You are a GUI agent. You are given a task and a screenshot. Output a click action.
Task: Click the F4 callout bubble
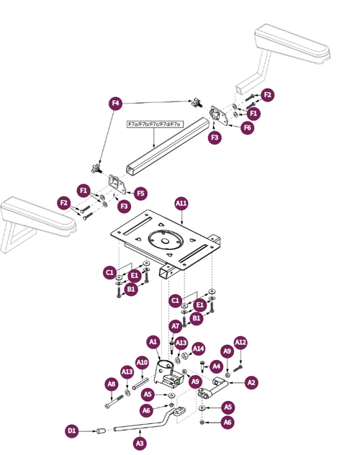114,103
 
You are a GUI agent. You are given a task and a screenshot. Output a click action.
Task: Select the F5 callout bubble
140,193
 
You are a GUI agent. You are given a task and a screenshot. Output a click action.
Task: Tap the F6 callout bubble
247,127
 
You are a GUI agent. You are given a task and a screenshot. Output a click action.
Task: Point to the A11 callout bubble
181,204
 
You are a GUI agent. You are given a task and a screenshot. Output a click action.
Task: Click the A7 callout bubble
175,326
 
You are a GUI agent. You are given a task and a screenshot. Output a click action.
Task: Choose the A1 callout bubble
153,341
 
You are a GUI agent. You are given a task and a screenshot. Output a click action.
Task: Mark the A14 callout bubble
199,348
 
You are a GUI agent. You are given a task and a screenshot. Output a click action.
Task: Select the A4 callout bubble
216,366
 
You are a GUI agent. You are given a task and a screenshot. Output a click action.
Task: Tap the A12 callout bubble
240,342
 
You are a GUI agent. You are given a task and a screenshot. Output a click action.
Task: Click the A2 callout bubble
251,382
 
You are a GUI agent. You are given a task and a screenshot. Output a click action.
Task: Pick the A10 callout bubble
142,361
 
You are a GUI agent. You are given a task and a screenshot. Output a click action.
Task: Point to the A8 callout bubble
112,384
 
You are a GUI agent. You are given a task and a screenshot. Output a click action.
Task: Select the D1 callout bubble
72,431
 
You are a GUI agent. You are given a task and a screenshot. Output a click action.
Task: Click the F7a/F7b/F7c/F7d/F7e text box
154,124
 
